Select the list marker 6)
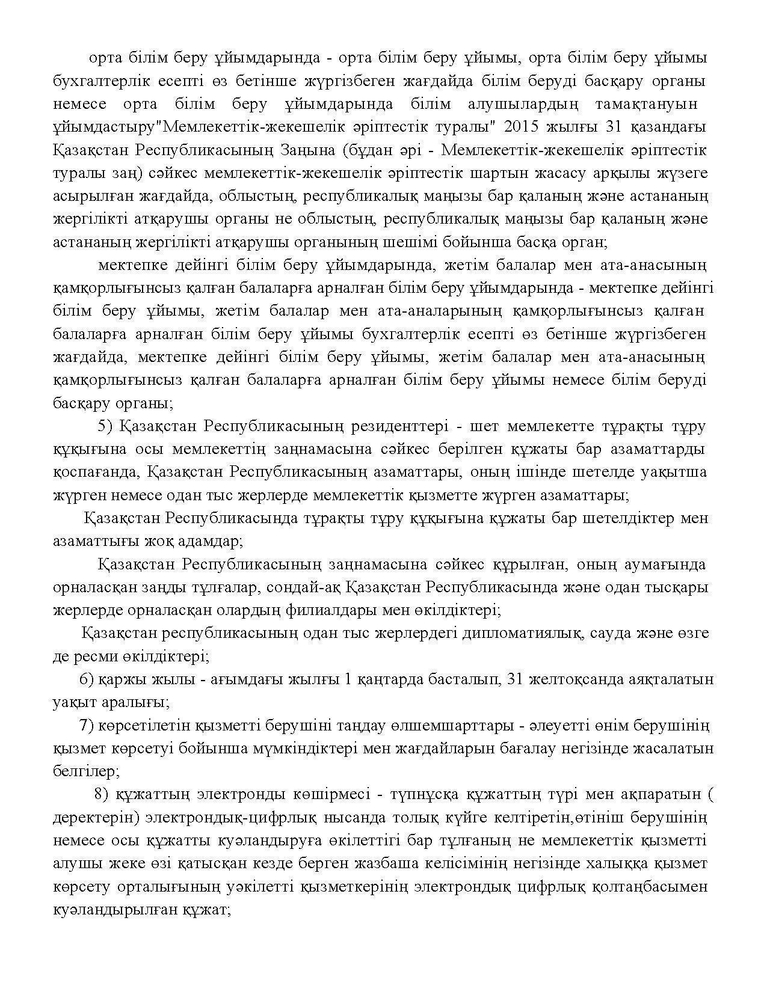pyautogui.click(x=87, y=679)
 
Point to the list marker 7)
pyautogui.click(x=87, y=725)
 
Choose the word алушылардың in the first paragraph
pyautogui.click(x=522, y=104)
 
